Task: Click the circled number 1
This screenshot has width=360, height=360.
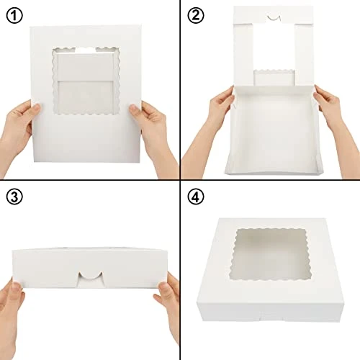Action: pos(14,16)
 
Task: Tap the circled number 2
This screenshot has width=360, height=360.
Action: pos(196,16)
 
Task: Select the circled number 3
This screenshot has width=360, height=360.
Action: pos(14,197)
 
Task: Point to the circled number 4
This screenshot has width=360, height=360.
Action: pos(196,197)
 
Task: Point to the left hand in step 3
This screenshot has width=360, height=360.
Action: pos(11,317)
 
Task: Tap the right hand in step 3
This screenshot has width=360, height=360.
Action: pos(168,302)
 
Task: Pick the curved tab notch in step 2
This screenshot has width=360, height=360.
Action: pos(274,18)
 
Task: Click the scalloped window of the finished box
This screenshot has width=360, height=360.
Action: pos(271,255)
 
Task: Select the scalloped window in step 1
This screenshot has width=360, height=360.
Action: pos(86,81)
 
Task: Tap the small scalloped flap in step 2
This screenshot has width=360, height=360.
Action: pos(274,77)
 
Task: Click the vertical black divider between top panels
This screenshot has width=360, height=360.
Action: pos(180,90)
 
